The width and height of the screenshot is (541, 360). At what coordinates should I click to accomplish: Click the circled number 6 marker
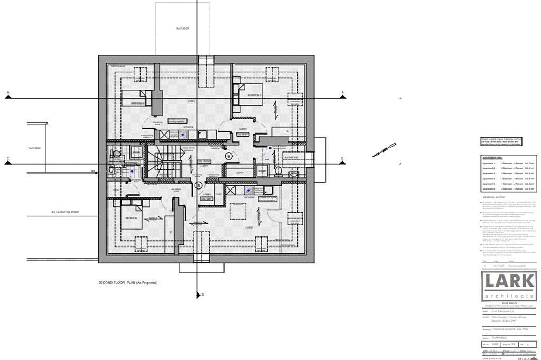click(228, 156)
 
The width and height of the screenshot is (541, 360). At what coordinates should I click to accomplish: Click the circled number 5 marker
click(198, 185)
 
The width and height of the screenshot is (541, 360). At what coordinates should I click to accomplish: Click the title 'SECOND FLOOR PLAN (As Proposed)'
click(128, 283)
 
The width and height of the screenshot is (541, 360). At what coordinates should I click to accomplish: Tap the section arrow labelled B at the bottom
click(198, 295)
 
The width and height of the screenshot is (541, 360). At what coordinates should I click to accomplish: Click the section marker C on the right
click(342, 159)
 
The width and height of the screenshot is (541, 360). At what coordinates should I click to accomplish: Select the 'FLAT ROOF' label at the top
click(183, 29)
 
